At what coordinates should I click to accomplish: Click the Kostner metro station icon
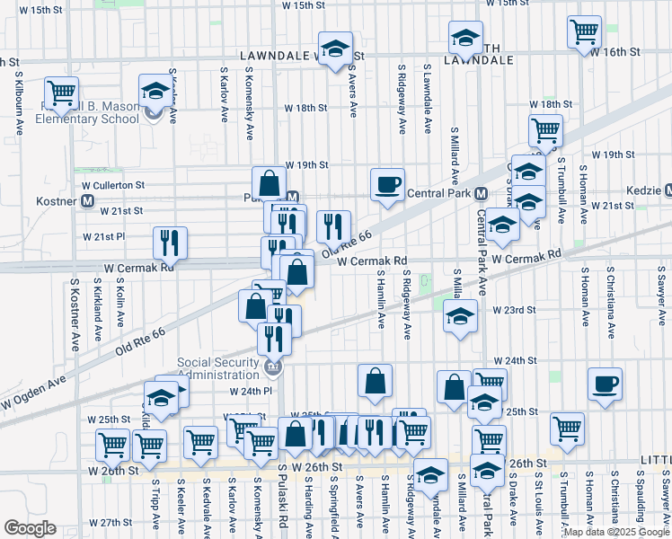[88, 201]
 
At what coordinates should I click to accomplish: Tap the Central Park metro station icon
[481, 193]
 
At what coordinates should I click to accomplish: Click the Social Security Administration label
[222, 367]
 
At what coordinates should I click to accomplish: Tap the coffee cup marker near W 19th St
[387, 184]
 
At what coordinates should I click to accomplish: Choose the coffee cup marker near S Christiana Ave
[605, 384]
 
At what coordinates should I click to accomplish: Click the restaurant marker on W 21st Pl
[169, 242]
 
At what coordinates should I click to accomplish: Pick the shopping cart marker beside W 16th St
[584, 32]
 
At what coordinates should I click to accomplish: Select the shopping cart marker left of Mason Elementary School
[61, 93]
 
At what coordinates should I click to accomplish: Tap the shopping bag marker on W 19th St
[269, 183]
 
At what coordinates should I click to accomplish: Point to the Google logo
[31, 528]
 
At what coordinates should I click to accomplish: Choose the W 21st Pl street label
[105, 236]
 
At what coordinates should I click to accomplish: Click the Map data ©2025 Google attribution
[615, 532]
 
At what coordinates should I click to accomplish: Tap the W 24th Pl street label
[250, 392]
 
